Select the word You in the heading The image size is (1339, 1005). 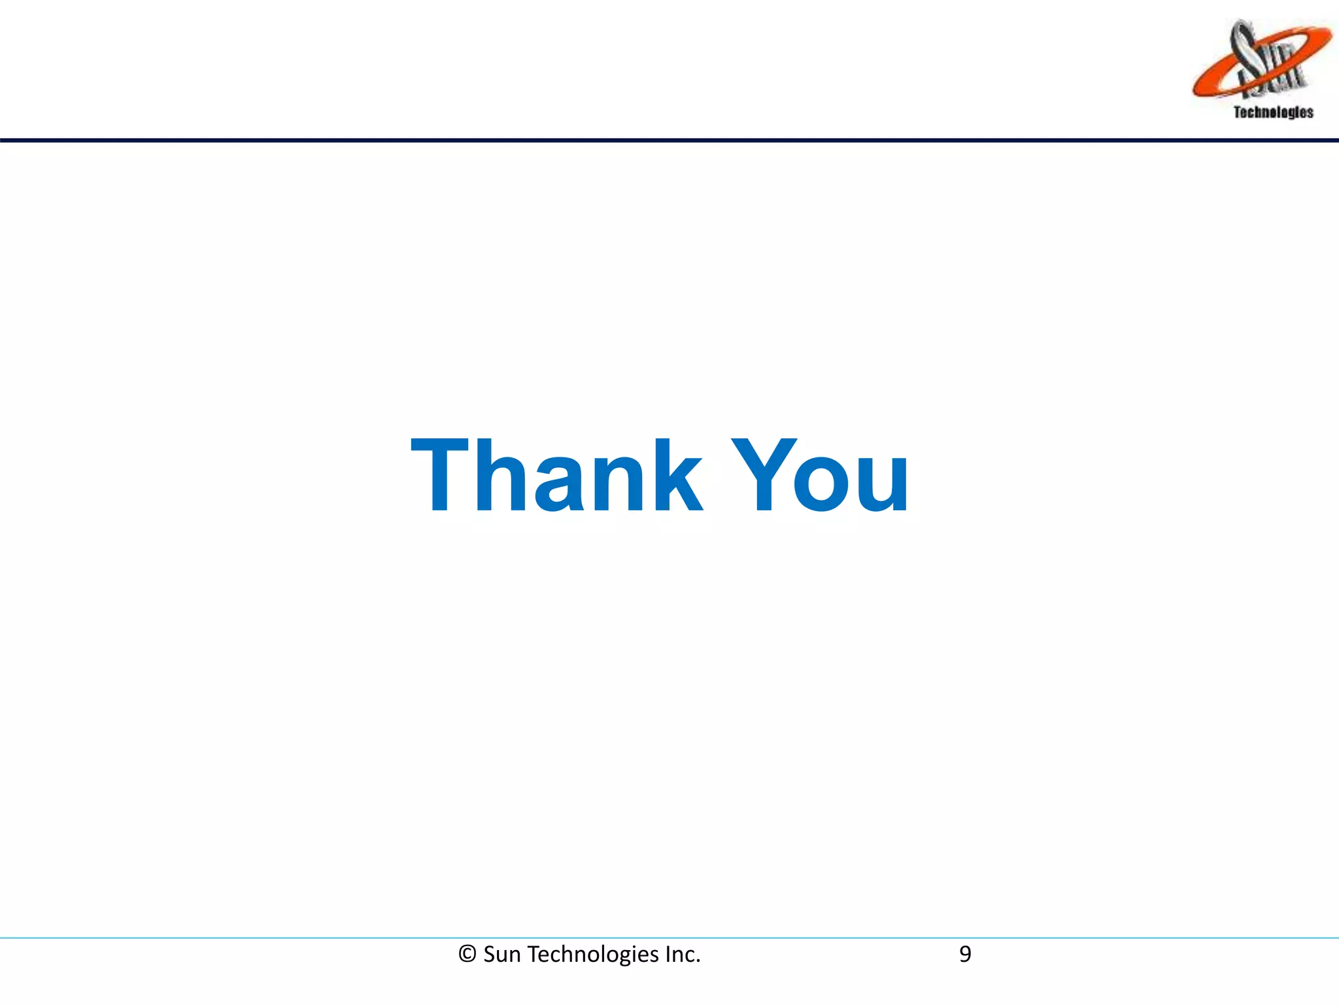point(821,476)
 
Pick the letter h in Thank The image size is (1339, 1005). point(503,476)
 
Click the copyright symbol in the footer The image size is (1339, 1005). point(467,955)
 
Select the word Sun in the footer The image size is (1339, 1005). point(502,955)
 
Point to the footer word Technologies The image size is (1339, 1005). point(593,955)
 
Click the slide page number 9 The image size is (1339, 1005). point(965,955)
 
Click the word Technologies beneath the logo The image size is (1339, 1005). point(1273,113)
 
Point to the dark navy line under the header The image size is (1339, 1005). point(669,140)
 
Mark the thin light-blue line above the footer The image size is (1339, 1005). point(669,938)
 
